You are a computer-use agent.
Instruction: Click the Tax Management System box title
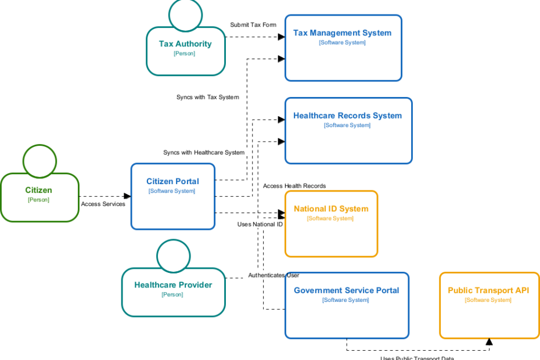pos(342,33)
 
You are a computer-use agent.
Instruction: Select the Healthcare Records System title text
pos(347,116)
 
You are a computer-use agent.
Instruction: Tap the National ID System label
pos(331,208)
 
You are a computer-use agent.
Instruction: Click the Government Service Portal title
pos(346,290)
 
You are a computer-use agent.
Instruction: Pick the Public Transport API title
pos(488,290)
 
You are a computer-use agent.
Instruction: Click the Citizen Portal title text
pos(172,181)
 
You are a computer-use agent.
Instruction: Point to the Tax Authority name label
pos(185,44)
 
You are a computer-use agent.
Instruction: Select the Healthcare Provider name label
pos(173,285)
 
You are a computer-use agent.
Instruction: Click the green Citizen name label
pos(38,190)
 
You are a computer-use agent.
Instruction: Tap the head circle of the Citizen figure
pos(39,161)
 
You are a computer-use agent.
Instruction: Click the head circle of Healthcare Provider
pos(174,256)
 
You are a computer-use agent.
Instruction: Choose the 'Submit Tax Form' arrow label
pos(253,25)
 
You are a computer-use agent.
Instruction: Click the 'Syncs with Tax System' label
pos(207,97)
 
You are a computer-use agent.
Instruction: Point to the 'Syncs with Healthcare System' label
pos(204,153)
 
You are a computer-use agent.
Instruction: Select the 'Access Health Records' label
pos(294,186)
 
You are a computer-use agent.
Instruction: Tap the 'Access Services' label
pos(103,204)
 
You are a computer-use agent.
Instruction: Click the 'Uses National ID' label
pos(260,224)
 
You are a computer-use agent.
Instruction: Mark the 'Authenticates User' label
pos(273,275)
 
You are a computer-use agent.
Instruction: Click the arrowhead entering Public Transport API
pos(489,342)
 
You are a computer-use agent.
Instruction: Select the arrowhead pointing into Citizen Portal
pos(127,196)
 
